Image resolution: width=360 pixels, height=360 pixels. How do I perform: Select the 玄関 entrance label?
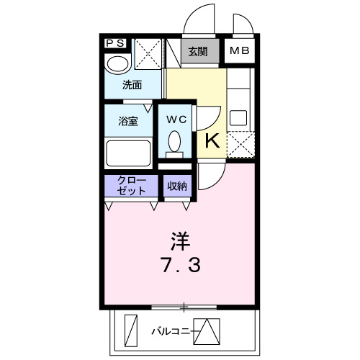coord(198,51)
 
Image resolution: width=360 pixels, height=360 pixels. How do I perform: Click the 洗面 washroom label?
coord(132,85)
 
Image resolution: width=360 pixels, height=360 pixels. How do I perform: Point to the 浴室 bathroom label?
coord(129,121)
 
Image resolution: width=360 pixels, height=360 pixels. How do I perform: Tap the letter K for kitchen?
coord(213,141)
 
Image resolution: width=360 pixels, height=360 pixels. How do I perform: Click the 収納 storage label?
coord(177,186)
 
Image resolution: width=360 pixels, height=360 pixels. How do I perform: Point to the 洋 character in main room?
coord(180,239)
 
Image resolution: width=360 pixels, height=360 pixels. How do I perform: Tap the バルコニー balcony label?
coord(171,332)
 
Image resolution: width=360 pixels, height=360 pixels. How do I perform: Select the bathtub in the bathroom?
coord(128,153)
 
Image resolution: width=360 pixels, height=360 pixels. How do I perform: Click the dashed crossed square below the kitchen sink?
coord(240,144)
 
